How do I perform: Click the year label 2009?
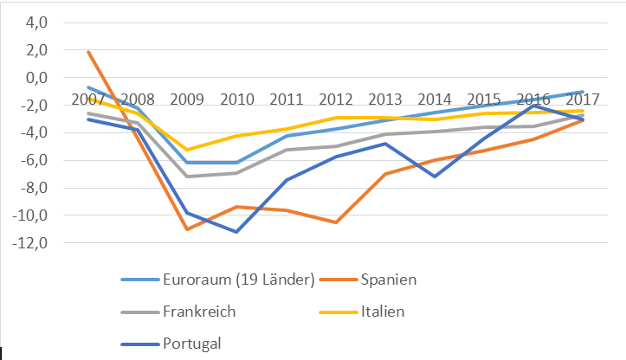click(186, 98)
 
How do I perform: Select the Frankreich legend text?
click(199, 312)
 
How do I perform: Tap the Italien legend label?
click(382, 312)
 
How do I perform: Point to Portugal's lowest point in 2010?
click(236, 232)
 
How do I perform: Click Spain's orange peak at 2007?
click(87, 52)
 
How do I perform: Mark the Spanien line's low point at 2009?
click(186, 229)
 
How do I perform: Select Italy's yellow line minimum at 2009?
click(186, 150)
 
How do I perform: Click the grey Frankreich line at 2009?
click(186, 177)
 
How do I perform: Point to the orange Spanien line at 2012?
click(335, 222)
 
